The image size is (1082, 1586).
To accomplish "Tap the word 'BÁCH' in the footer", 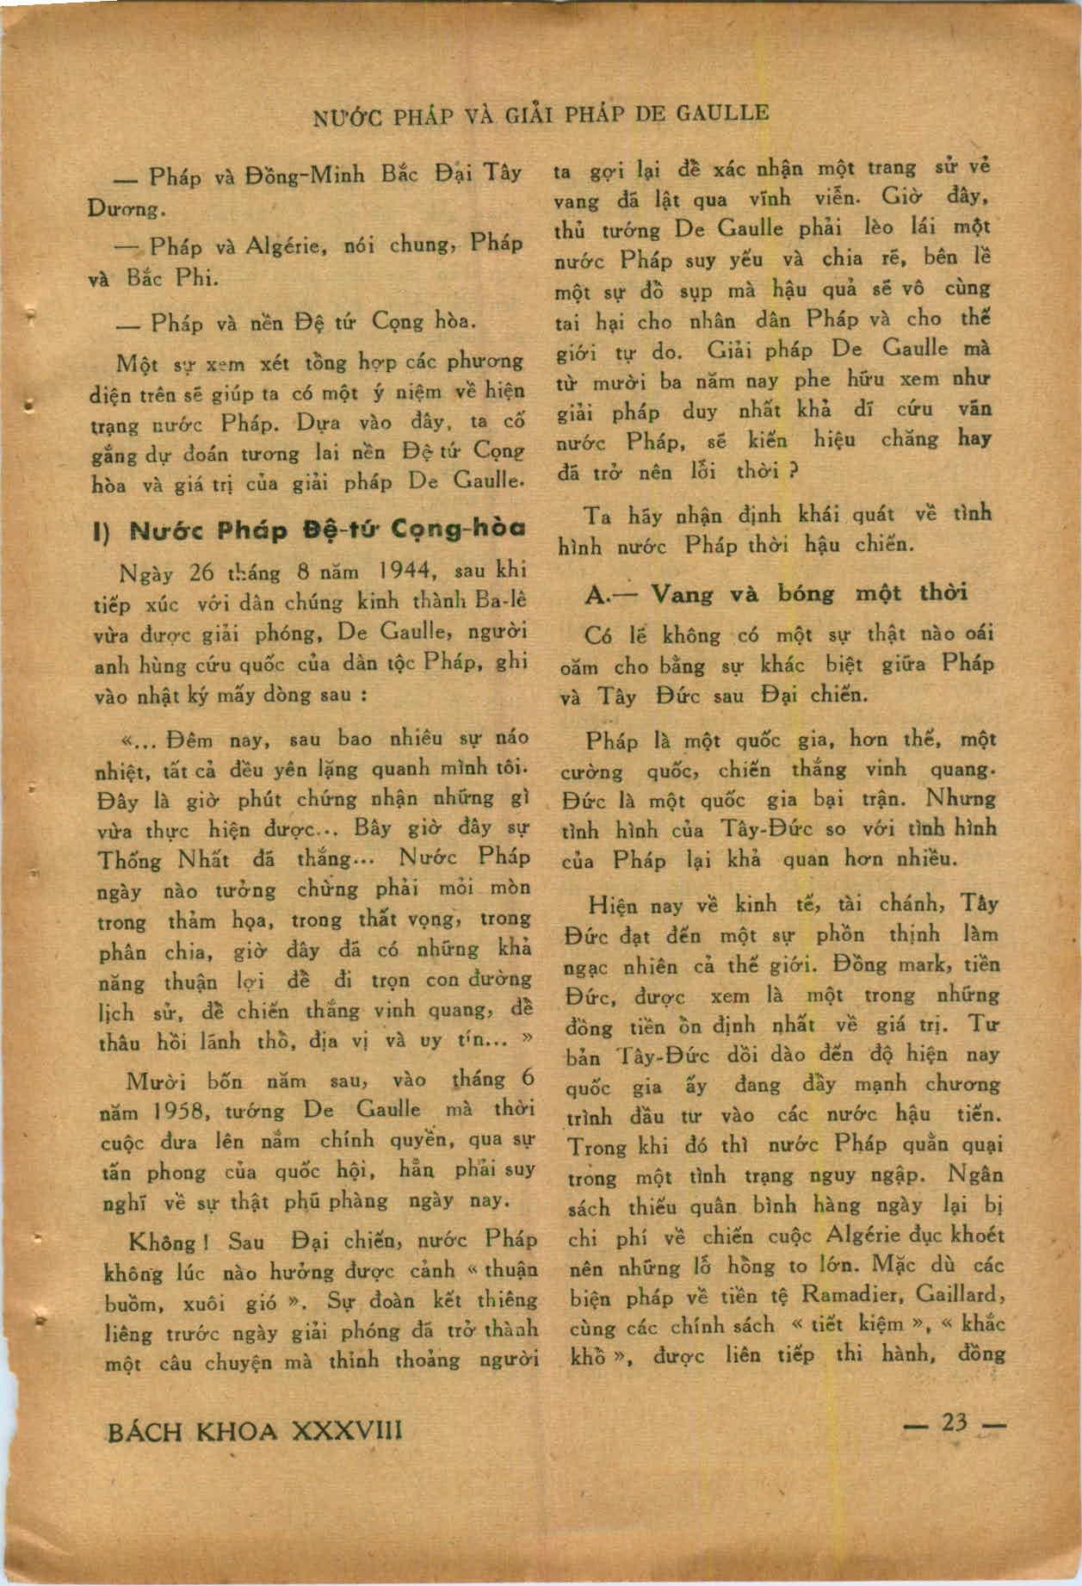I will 144,1431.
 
